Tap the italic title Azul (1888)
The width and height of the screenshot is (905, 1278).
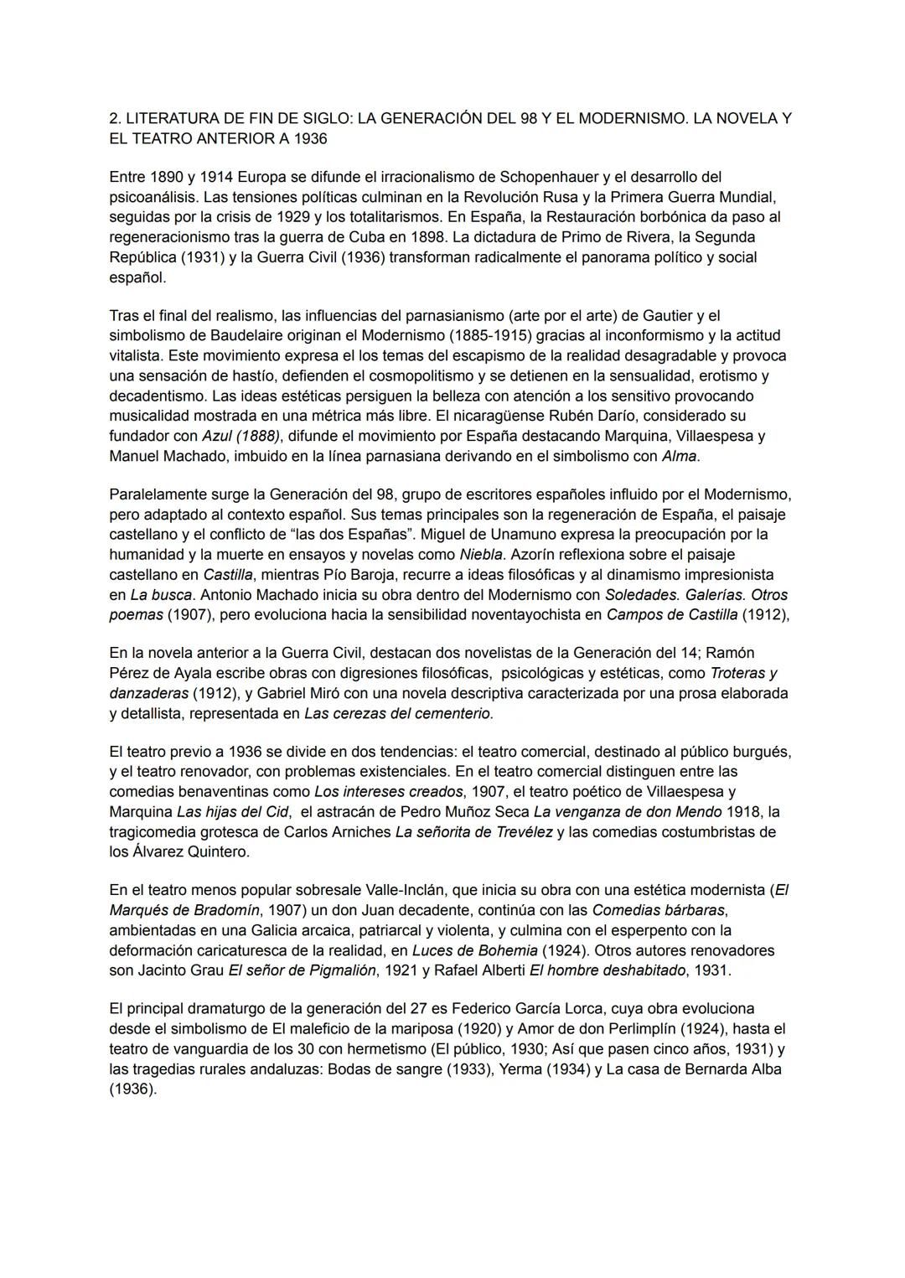(x=241, y=436)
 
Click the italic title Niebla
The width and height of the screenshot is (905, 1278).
(x=482, y=554)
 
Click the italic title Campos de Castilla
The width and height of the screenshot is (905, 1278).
(x=672, y=615)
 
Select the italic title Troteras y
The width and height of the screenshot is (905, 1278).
(x=743, y=673)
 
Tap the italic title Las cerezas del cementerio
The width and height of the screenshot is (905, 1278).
(x=399, y=714)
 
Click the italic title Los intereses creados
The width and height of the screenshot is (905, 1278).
(x=389, y=791)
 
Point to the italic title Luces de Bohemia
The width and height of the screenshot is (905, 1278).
(x=474, y=950)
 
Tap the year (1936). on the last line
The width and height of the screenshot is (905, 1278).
(x=132, y=1089)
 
